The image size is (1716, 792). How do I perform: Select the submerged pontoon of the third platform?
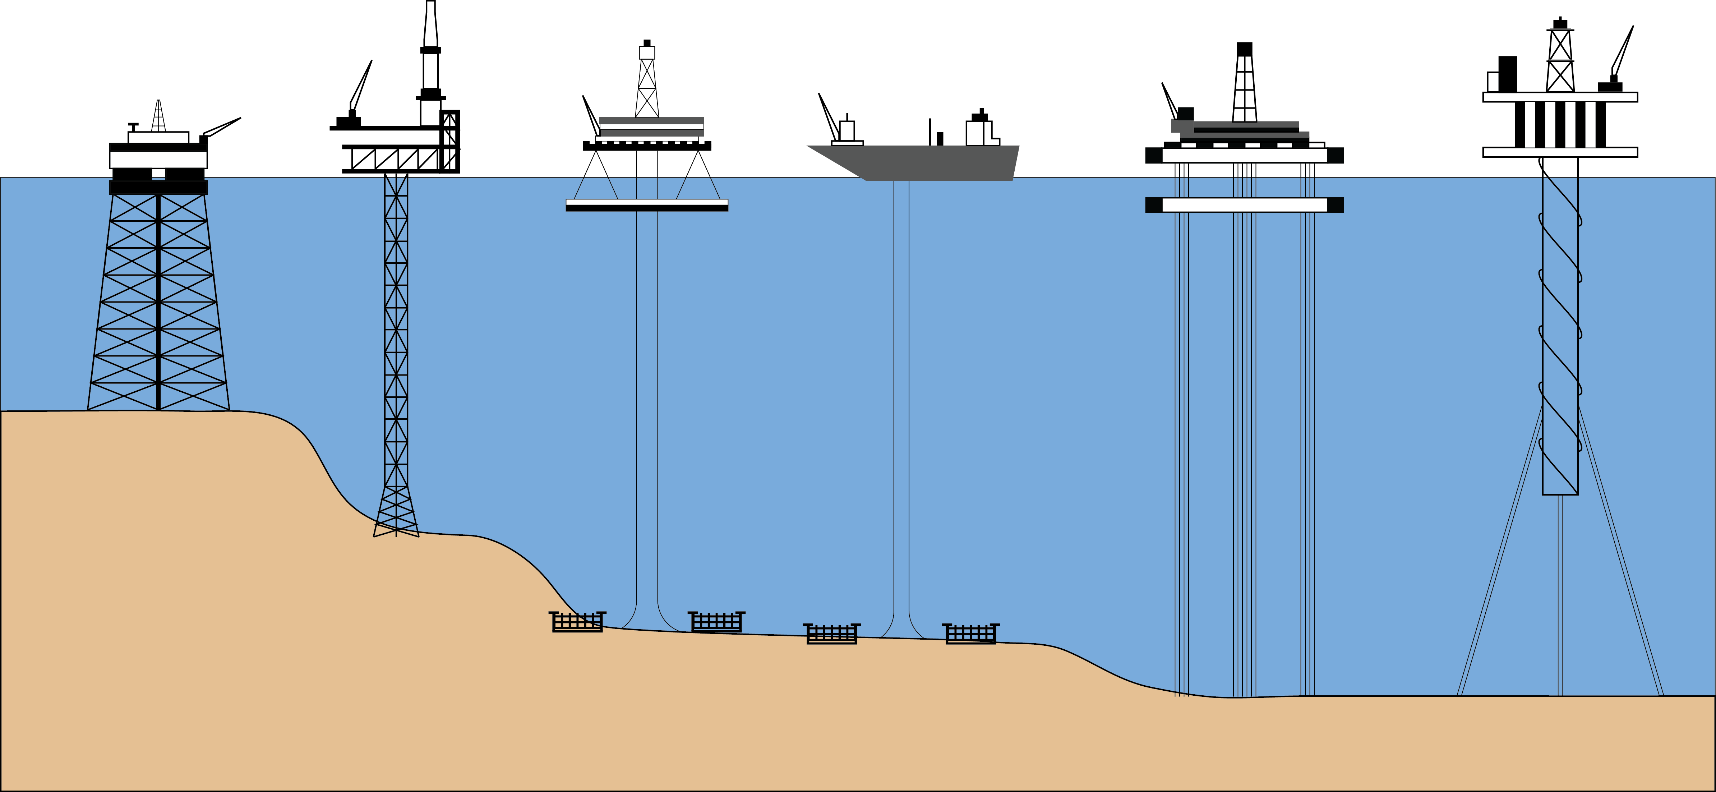(x=646, y=205)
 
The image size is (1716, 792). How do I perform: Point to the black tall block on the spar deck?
(x=1508, y=73)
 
